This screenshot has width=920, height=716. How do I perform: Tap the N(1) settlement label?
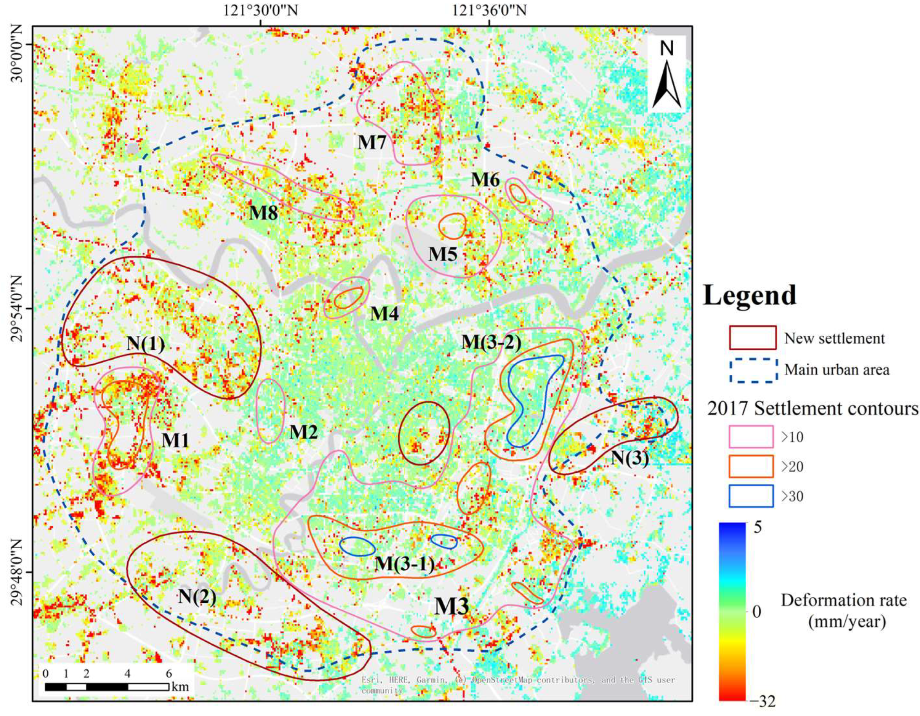pos(146,344)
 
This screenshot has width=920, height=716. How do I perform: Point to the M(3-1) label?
pos(405,563)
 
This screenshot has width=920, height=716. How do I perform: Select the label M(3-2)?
pos(491,342)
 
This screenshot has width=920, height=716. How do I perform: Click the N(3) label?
pos(630,458)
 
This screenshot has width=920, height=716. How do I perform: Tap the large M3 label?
pos(451,607)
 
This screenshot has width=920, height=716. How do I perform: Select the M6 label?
pos(485,180)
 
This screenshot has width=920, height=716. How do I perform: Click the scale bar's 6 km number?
pos(169,673)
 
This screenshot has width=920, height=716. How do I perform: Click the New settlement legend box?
pos(752,338)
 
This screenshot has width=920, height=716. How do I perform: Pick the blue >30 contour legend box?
pos(751,496)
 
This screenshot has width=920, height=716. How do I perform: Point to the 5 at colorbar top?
pos(758,528)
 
